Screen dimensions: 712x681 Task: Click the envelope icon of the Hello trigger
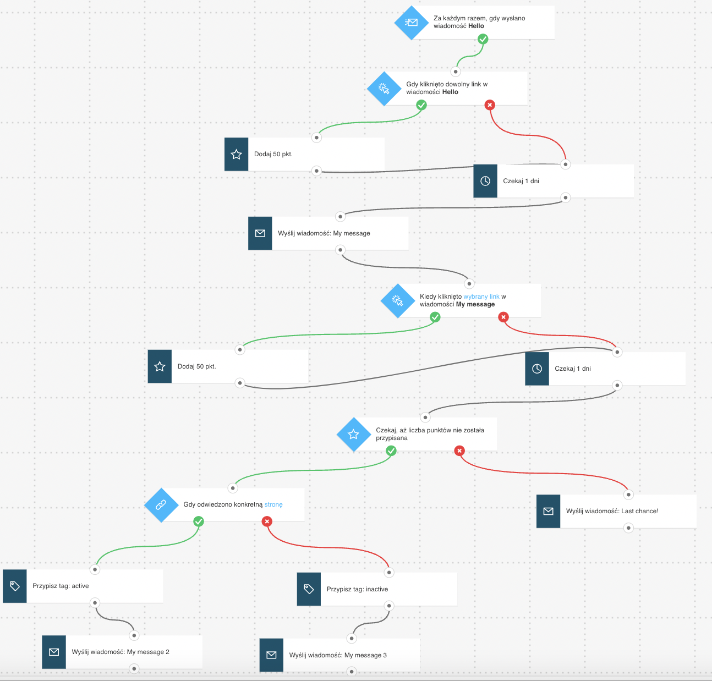(411, 23)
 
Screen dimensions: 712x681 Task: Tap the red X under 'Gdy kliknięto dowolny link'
(490, 105)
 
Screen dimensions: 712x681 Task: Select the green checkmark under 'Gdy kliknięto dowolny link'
(421, 105)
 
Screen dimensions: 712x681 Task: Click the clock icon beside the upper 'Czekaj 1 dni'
(485, 181)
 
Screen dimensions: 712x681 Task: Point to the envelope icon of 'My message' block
(260, 233)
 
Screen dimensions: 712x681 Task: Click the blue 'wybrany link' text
(481, 296)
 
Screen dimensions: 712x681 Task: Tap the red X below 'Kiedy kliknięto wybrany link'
(503, 317)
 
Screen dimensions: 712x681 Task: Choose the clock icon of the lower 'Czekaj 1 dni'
(536, 369)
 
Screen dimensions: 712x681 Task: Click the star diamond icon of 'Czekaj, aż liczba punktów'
(353, 435)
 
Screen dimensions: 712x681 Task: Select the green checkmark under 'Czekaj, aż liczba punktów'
(391, 451)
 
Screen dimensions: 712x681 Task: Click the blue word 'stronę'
(273, 505)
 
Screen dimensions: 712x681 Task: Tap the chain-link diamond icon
(161, 505)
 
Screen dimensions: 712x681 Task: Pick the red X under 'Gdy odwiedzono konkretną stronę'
(267, 521)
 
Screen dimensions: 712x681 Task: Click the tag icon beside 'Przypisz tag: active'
(15, 586)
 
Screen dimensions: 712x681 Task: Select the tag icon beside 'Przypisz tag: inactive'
(309, 589)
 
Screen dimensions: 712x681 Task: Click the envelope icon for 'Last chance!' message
(548, 511)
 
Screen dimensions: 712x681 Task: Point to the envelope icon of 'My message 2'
(54, 652)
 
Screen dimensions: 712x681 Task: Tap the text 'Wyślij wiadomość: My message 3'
(338, 655)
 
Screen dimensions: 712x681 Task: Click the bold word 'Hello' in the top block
(476, 26)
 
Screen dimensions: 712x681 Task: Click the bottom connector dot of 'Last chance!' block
(628, 528)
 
